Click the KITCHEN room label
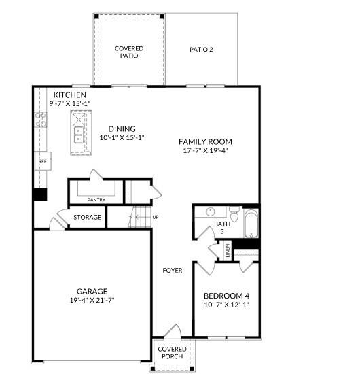point(70,95)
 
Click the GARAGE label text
point(92,291)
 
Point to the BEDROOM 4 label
point(227,296)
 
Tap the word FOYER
point(172,270)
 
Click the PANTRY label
point(96,199)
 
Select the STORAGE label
point(88,218)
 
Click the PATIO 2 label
point(201,50)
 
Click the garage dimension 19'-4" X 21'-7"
point(92,300)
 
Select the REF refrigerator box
point(42,161)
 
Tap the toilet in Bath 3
point(233,214)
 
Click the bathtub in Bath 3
point(251,224)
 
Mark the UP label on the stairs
point(156,218)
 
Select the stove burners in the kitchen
point(41,121)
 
